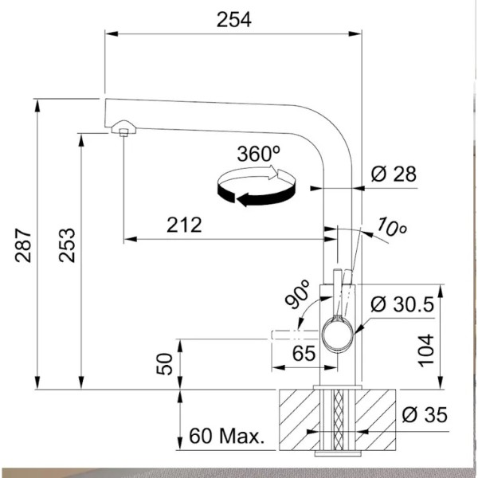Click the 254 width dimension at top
pos(233,20)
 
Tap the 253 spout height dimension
pos(67,245)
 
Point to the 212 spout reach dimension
pos(184,225)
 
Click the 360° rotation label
pos(259,154)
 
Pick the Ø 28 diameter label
pos(394,174)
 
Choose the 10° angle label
pos(392,227)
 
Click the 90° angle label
pos(297,294)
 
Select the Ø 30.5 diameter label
pos(402,304)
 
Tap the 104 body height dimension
pos(425,351)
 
